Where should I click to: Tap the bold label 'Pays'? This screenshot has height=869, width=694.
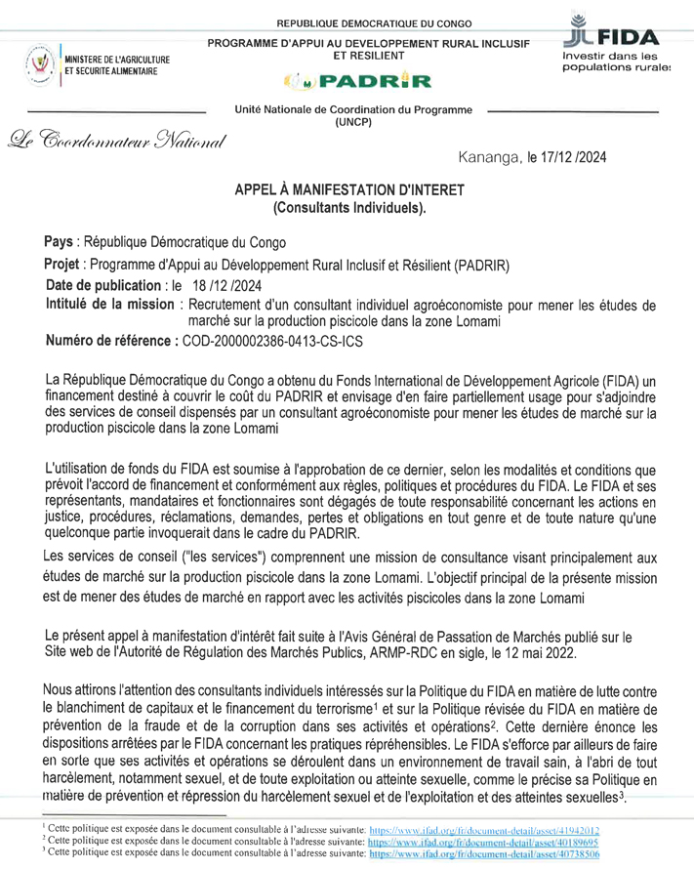pyautogui.click(x=61, y=241)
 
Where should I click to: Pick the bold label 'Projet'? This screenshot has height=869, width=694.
pyautogui.click(x=65, y=265)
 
